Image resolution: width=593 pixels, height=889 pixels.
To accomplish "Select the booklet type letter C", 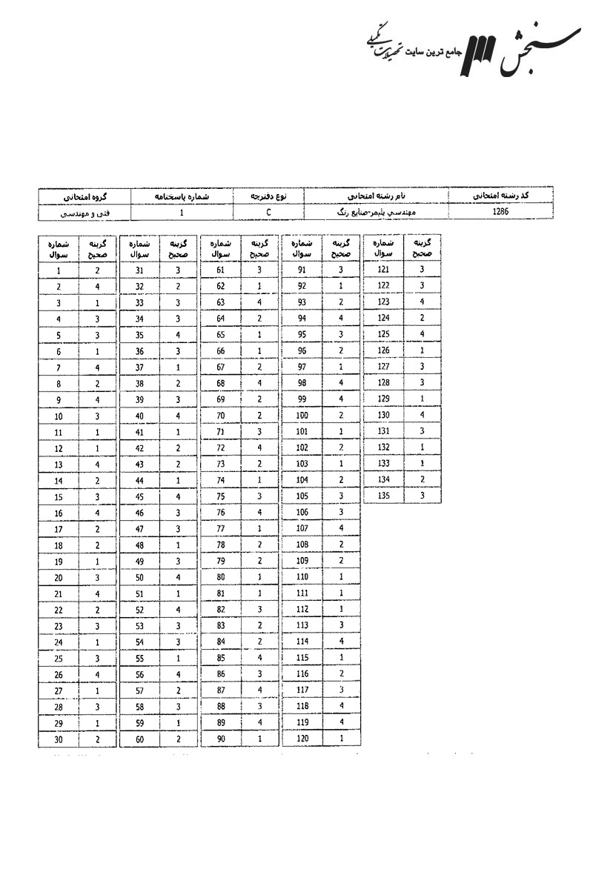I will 268,213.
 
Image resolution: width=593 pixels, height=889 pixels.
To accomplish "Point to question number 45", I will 139,496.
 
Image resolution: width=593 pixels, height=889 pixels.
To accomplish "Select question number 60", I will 139,739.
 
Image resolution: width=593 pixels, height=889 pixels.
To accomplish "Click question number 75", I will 220,496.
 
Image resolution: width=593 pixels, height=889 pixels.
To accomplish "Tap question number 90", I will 220,739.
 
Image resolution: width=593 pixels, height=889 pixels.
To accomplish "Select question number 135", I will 383,495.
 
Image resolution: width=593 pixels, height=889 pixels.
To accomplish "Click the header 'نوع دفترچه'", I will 268,197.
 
